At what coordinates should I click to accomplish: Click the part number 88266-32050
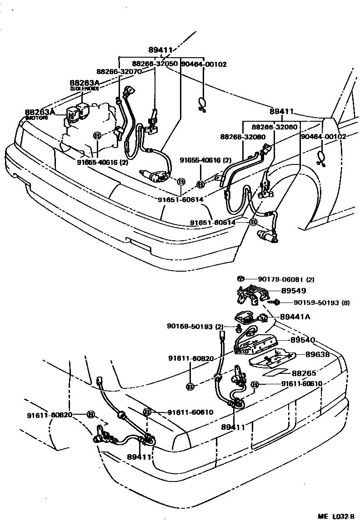155,64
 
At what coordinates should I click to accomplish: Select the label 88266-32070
119,72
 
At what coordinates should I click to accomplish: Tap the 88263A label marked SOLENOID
84,83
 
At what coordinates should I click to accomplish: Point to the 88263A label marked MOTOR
40,112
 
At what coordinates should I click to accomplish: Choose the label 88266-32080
243,137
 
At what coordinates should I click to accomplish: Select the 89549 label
293,291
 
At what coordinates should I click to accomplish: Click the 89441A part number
295,317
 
